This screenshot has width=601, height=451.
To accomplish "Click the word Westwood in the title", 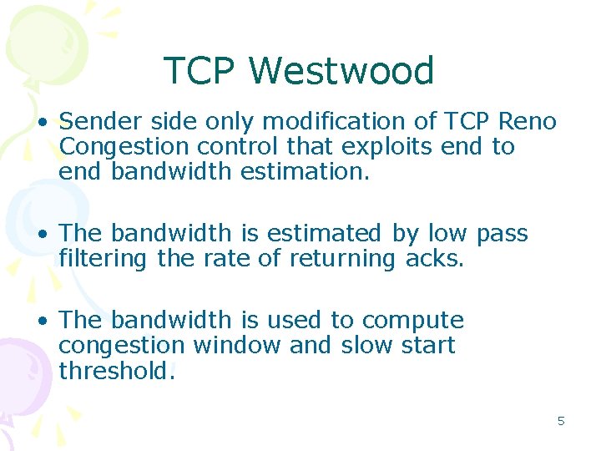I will (341, 71).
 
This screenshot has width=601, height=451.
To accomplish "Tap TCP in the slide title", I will (200, 71).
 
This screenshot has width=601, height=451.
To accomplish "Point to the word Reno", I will (527, 122).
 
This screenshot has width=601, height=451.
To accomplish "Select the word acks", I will (434, 259).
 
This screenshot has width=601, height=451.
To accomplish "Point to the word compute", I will (413, 321).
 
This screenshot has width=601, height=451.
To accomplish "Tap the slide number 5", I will (561, 421).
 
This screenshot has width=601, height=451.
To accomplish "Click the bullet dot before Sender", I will (42, 123).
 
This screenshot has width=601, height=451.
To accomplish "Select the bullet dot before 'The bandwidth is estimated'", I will (42, 235).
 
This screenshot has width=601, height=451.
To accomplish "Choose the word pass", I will (503, 234).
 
